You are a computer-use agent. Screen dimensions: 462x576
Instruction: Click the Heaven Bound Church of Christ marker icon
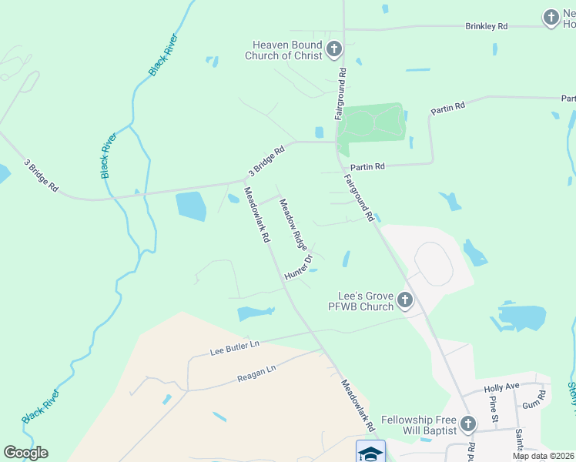click(333, 50)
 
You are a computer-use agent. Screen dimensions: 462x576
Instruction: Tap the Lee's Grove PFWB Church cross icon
click(404, 300)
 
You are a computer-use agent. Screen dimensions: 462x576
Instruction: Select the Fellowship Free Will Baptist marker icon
click(467, 423)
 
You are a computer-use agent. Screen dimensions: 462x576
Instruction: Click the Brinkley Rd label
click(487, 26)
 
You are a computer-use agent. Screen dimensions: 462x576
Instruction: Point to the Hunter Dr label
click(299, 267)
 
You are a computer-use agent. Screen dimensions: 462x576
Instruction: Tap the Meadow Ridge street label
click(293, 223)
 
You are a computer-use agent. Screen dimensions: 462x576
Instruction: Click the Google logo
click(25, 453)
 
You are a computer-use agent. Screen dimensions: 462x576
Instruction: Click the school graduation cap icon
click(370, 453)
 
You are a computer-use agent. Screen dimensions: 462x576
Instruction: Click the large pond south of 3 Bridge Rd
click(191, 206)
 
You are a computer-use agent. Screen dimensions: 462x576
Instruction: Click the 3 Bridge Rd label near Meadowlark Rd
click(266, 160)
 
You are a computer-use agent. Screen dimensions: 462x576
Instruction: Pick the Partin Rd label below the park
click(367, 166)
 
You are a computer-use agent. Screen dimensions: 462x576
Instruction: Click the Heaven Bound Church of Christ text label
click(283, 50)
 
